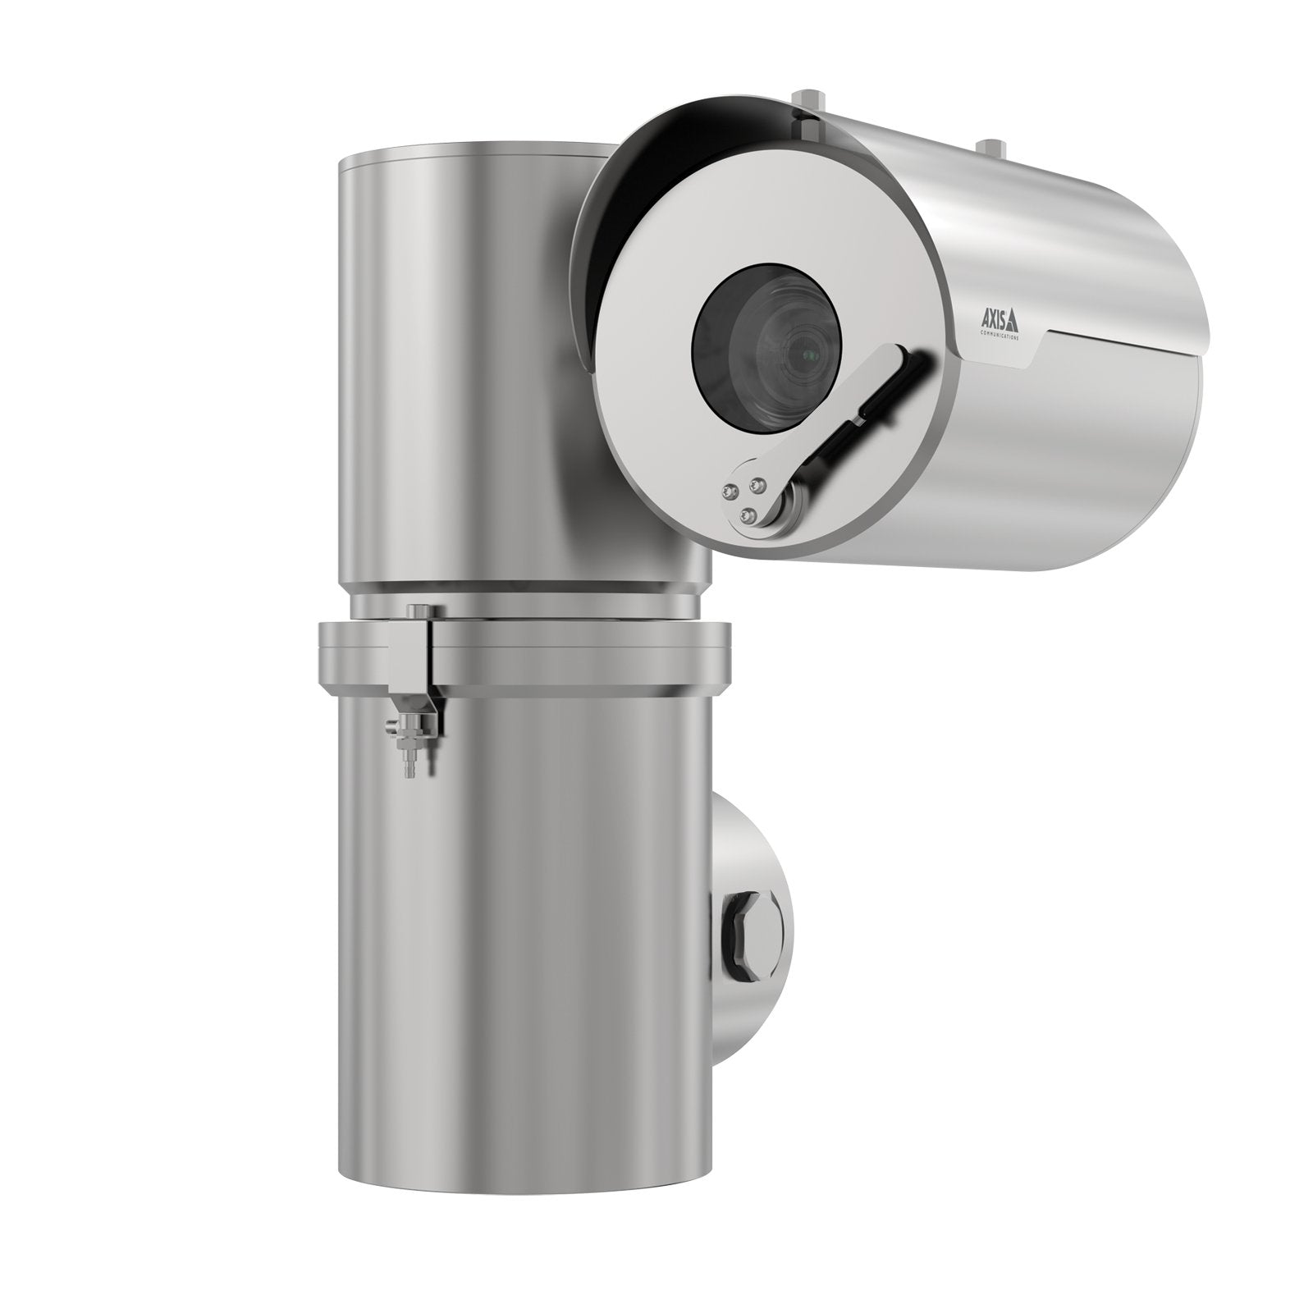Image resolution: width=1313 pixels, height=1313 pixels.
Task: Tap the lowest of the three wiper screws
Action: (747, 514)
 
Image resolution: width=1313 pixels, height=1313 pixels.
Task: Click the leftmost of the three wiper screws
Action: (727, 491)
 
